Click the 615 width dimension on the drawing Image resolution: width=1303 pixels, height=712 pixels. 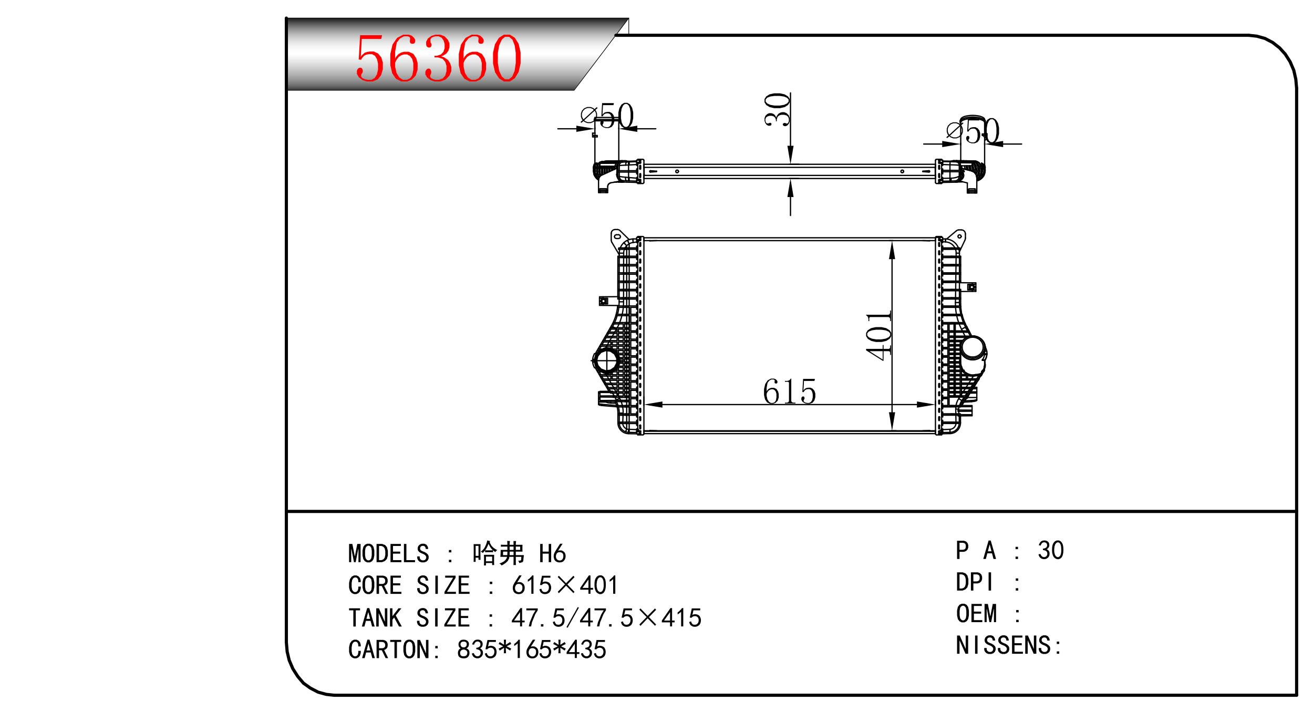789,392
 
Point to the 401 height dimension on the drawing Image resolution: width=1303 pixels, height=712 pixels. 880,336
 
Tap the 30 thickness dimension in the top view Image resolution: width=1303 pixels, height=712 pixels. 778,109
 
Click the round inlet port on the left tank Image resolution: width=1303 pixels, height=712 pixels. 606,360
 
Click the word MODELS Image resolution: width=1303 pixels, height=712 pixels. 389,554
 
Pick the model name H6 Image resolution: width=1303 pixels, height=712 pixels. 552,554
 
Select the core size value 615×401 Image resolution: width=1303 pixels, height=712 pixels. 565,585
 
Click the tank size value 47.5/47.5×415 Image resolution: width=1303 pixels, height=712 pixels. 606,618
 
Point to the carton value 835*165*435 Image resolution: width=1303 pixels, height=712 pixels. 532,649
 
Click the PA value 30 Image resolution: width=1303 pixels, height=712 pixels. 1051,550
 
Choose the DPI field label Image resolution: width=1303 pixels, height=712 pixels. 975,582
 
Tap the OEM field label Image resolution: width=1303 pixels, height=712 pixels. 976,614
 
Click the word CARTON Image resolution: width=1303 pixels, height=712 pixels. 388,649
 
